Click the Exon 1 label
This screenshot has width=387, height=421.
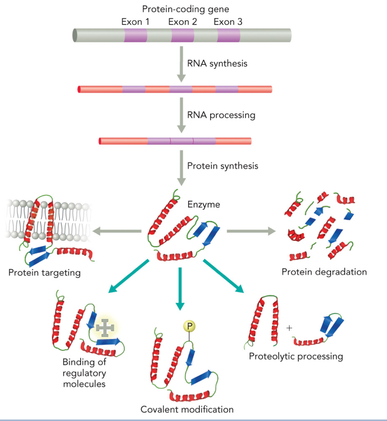[x=135, y=22]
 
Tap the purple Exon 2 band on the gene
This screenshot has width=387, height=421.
[x=182, y=36]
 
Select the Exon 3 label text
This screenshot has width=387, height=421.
[x=228, y=22]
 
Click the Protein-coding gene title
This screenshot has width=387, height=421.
[x=182, y=8]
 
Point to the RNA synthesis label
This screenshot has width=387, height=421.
[x=217, y=64]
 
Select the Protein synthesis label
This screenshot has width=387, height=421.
[x=223, y=166]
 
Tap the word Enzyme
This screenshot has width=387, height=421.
[x=204, y=205]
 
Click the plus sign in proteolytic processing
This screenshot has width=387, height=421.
[x=290, y=328]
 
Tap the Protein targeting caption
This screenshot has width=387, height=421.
[x=45, y=272]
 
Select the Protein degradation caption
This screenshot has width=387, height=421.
[x=324, y=271]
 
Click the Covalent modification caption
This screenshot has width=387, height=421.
[x=187, y=410]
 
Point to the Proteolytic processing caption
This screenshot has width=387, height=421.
[x=295, y=356]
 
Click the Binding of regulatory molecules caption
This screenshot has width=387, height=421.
[x=84, y=373]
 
